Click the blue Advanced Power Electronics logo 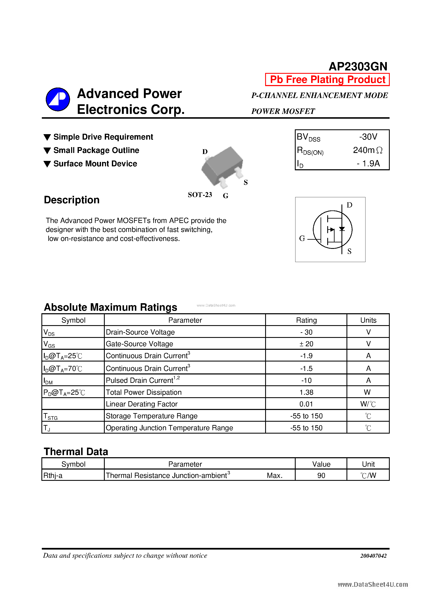[x=58, y=99]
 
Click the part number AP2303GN [x=358, y=66]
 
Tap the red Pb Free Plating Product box [x=327, y=80]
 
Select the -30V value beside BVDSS [x=368, y=137]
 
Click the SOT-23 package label [x=200, y=195]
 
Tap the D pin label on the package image [x=205, y=152]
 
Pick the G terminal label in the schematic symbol [x=302, y=238]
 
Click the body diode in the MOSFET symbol [x=342, y=229]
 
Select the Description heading [x=72, y=200]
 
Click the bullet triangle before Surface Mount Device [x=47, y=164]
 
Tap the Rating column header [x=306, y=320]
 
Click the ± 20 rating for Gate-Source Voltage [x=306, y=344]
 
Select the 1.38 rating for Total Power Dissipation [x=306, y=392]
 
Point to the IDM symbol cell [x=48, y=381]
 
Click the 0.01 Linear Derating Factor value [x=306, y=404]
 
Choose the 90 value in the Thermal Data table [x=321, y=475]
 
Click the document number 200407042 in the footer [x=373, y=556]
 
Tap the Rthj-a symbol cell [x=53, y=475]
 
